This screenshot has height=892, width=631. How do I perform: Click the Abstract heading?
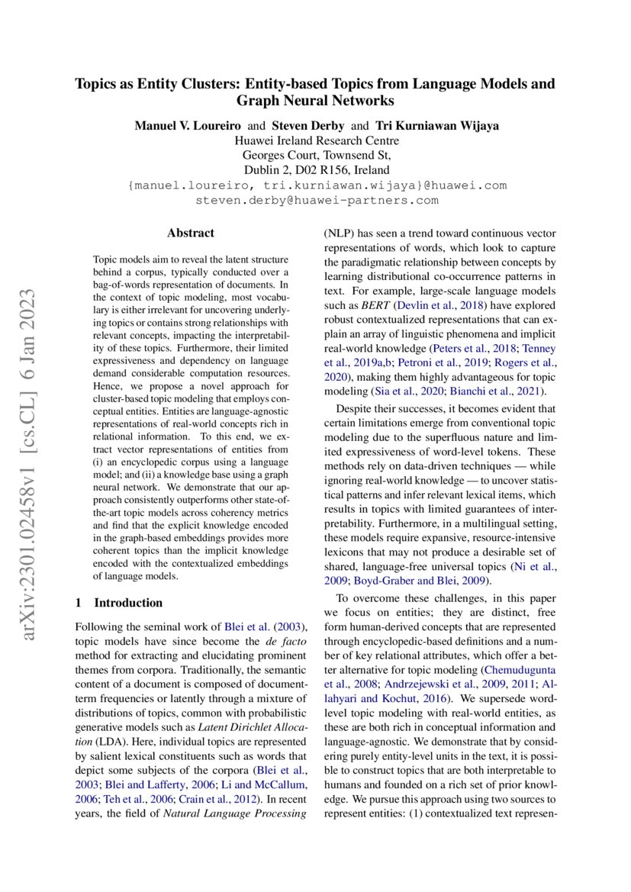[191, 233]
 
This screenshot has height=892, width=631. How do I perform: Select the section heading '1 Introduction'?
[119, 602]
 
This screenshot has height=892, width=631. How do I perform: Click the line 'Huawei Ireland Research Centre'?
[316, 140]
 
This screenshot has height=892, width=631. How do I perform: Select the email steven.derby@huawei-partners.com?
[317, 200]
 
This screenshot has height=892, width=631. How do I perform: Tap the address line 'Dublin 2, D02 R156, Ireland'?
[316, 170]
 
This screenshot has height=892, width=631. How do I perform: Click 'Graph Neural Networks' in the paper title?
[315, 101]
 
